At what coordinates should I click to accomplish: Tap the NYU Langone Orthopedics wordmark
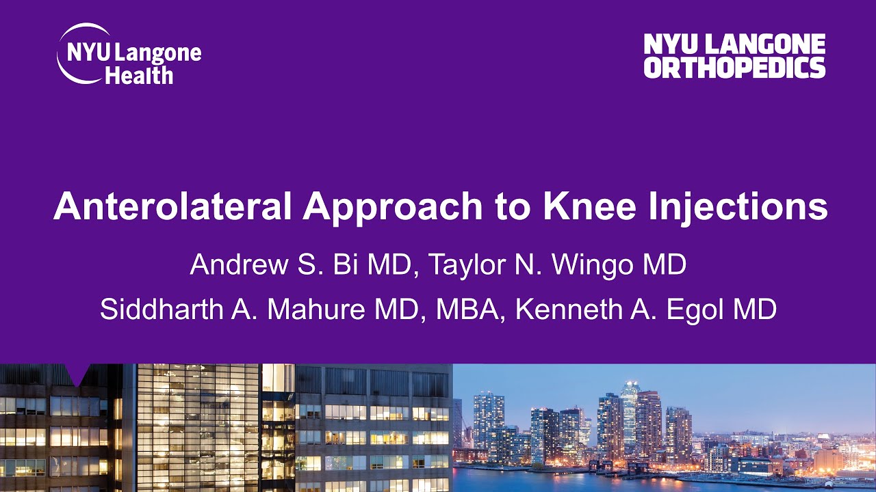(734, 56)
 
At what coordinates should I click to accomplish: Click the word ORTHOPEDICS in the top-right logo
(734, 68)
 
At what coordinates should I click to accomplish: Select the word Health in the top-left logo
(139, 74)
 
